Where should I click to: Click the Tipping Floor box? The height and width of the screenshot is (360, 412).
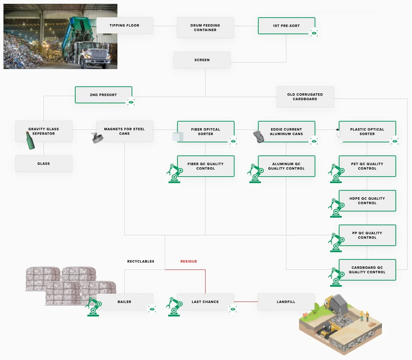[x=124, y=26]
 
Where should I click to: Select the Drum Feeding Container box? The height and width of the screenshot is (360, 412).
[x=205, y=28]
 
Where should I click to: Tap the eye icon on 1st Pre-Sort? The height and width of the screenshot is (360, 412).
[x=314, y=34]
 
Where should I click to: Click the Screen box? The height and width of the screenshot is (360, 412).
[x=202, y=60]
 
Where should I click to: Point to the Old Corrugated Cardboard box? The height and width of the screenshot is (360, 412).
[x=305, y=97]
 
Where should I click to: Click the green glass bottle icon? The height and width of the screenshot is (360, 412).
[x=31, y=140]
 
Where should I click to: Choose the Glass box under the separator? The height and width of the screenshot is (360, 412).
[x=44, y=164]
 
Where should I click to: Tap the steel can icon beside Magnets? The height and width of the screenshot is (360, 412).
[x=97, y=138]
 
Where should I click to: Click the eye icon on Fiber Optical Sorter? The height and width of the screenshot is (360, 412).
[x=233, y=141]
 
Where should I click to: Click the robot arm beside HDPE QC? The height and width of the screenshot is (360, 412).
[x=336, y=208]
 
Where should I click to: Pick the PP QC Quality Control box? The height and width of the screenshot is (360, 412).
[x=367, y=235]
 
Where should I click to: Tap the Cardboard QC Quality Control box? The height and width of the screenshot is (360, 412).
[x=367, y=270]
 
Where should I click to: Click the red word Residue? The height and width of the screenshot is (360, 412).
[x=189, y=262]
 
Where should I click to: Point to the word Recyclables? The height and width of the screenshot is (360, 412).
[x=141, y=262]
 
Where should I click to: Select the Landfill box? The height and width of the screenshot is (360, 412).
[x=286, y=302]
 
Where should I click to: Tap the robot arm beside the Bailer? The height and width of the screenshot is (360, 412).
[x=93, y=306]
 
